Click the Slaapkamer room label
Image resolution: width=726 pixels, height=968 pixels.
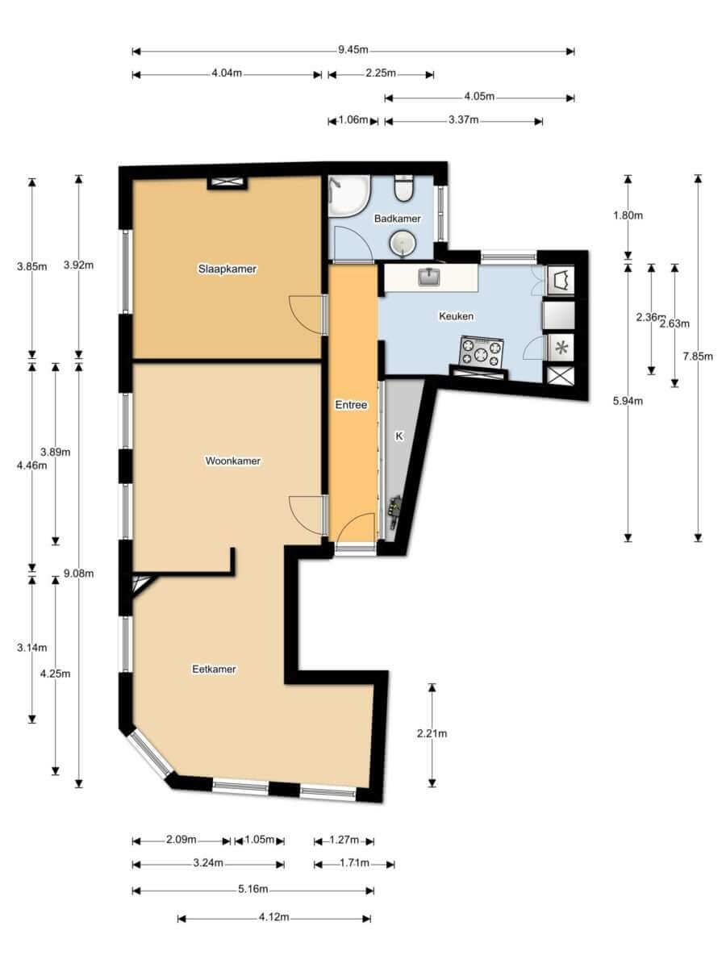tap(227, 269)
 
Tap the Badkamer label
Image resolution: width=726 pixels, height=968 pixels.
tap(397, 219)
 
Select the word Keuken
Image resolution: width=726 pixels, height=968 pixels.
tap(457, 316)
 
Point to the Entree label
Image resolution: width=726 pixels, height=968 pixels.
tap(351, 405)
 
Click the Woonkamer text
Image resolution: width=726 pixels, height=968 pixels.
tap(233, 461)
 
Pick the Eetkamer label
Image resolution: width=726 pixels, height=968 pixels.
tap(214, 669)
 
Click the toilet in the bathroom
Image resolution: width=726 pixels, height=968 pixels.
tap(404, 188)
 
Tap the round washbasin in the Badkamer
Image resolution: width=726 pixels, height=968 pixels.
tap(403, 244)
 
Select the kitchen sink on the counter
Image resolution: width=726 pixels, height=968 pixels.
tap(429, 277)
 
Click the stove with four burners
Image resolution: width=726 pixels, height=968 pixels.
tap(482, 352)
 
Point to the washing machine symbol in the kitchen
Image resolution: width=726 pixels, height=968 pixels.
tap(561, 280)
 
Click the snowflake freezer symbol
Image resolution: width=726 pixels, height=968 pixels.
tap(561, 348)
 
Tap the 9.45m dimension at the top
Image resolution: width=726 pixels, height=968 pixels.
tap(353, 50)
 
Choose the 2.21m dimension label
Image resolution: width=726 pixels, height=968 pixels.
tap(432, 733)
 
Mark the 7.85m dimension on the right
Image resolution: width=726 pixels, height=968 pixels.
tap(698, 356)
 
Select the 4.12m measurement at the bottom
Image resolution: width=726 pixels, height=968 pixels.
tap(274, 917)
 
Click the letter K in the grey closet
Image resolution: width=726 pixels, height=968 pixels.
tap(399, 436)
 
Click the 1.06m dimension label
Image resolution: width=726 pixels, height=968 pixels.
tap(353, 119)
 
